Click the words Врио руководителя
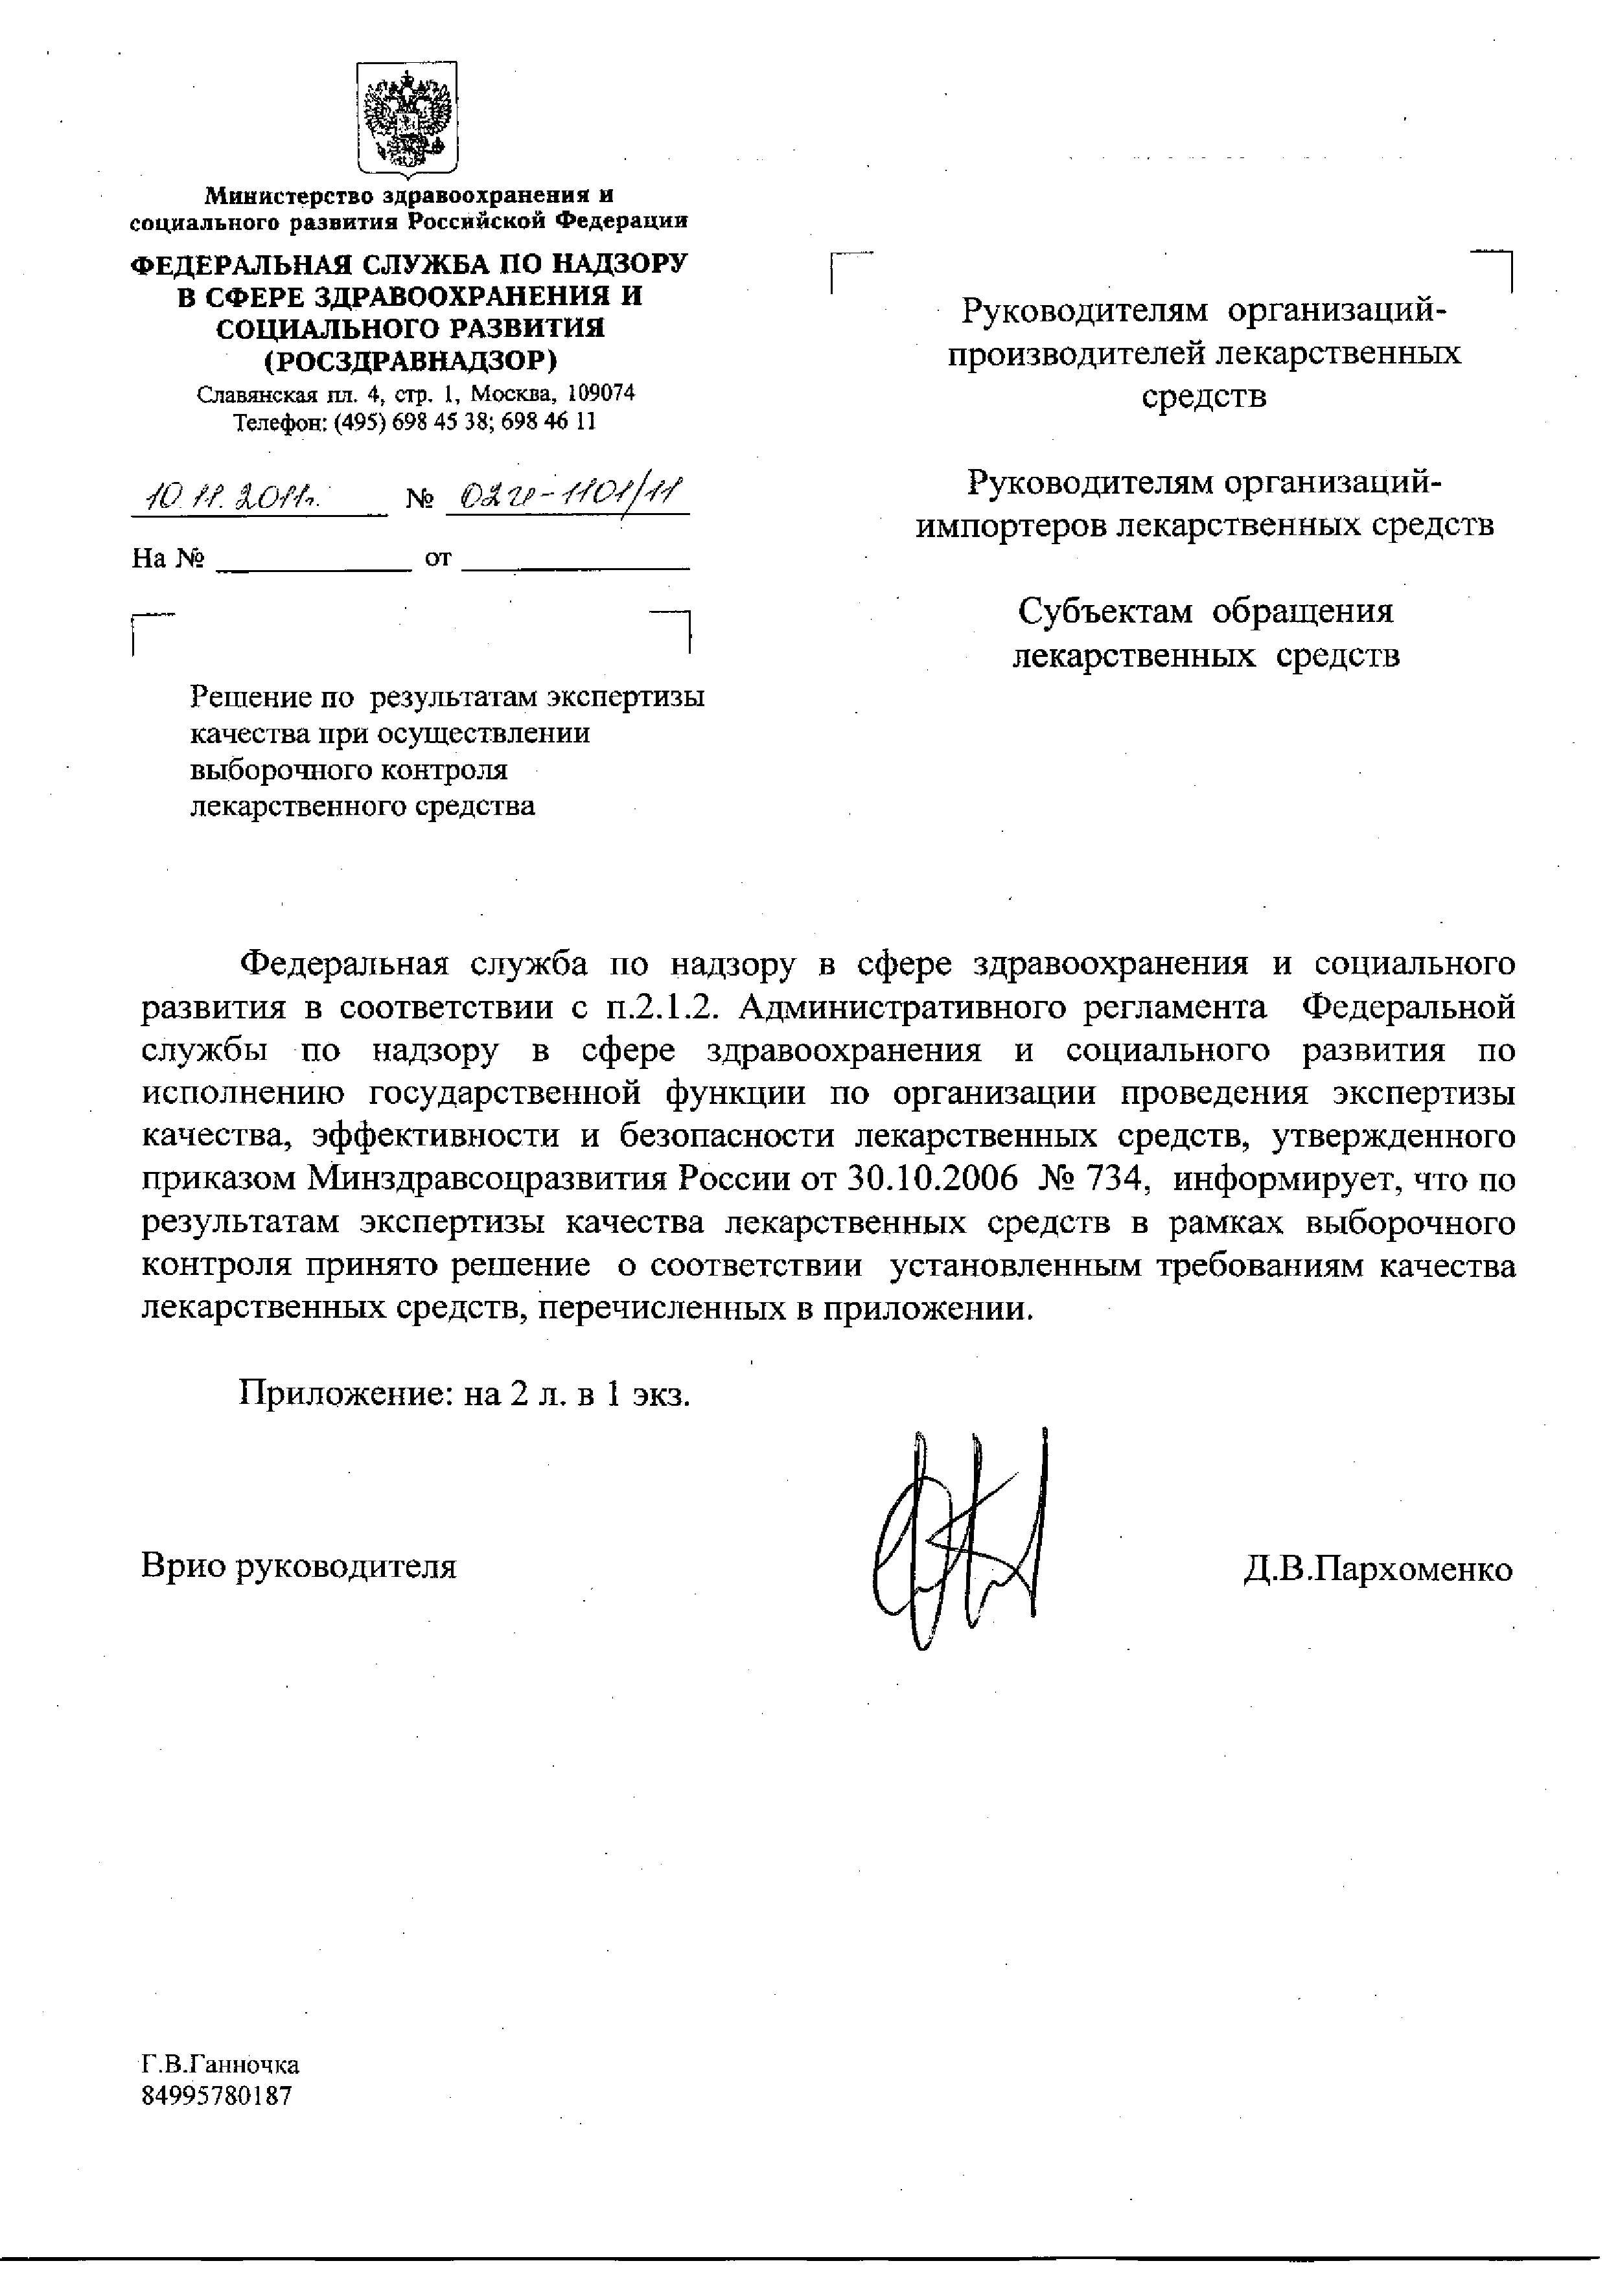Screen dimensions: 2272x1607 299,1565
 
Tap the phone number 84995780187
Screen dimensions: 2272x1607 218,2096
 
